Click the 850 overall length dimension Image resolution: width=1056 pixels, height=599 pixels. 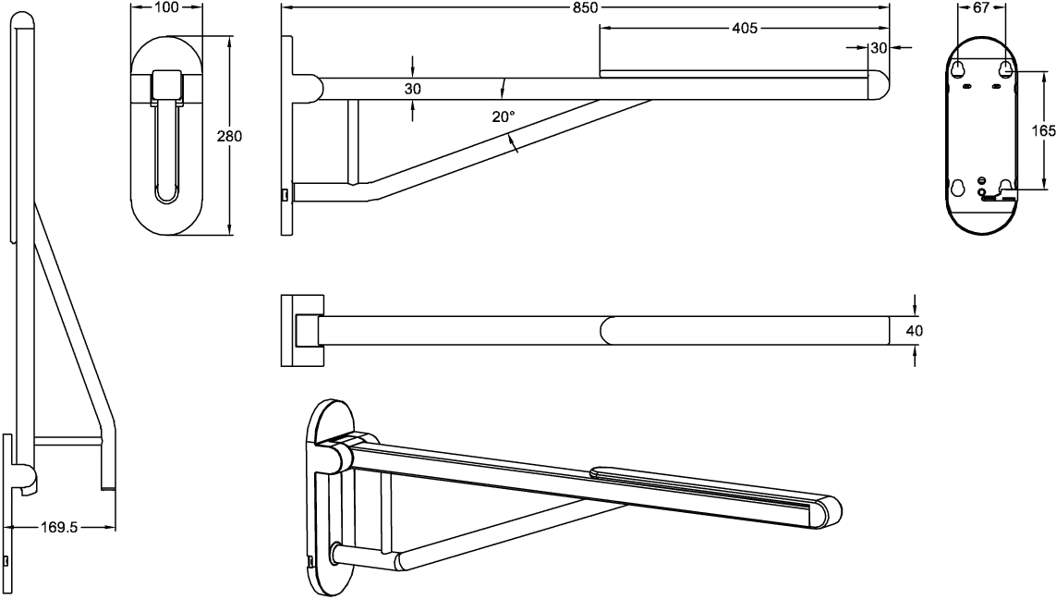point(585,7)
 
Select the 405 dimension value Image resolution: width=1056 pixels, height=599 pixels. point(744,28)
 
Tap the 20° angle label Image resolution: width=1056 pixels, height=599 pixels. point(504,116)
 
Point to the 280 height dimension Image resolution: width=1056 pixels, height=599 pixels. point(230,136)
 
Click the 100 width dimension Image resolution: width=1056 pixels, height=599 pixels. point(166,7)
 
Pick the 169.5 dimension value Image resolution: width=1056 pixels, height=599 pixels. point(59,527)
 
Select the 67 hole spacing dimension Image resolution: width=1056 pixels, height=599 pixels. point(981,7)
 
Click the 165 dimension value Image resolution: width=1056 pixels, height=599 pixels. point(1044,130)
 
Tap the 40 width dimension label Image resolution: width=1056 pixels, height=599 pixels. point(914,331)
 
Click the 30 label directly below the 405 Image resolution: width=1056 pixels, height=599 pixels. point(879,48)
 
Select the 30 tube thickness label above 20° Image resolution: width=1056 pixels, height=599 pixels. point(413,88)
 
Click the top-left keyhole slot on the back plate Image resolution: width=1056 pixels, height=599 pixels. point(958,67)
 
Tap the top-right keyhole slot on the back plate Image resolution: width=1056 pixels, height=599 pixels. point(1005,67)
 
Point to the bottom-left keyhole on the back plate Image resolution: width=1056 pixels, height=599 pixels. point(958,187)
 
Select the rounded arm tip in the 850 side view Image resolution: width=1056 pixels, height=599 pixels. point(878,85)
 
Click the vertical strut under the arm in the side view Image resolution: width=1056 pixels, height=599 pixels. point(352,141)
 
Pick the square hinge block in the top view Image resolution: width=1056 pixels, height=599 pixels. point(307,330)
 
